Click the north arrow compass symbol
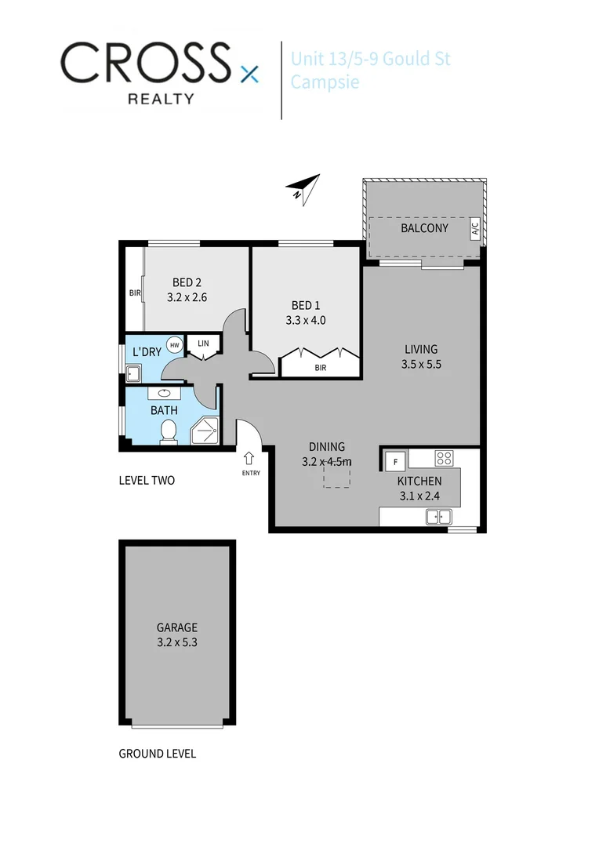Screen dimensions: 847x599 pos(303,188)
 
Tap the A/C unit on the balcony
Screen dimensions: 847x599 pos(474,229)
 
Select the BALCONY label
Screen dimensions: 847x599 pos(424,228)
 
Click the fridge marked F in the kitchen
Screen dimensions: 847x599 pos(395,461)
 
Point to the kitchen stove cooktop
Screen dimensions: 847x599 pos(445,459)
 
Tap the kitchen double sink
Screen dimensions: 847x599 pos(438,516)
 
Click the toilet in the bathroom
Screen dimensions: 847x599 pos(168,431)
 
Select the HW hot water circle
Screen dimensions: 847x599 pos(174,344)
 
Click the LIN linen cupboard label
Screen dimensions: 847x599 pos(203,343)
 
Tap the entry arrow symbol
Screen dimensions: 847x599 pos(250,458)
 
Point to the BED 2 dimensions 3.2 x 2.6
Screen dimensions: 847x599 pos(187,298)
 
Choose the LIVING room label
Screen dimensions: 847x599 pos(421,349)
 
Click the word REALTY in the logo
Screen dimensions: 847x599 pos(162,99)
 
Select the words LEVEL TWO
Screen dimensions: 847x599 pos(147,480)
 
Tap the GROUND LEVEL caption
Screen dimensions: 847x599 pos(157,754)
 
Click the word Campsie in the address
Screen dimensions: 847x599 pos(325,81)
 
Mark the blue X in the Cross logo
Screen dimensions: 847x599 pos(249,75)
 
